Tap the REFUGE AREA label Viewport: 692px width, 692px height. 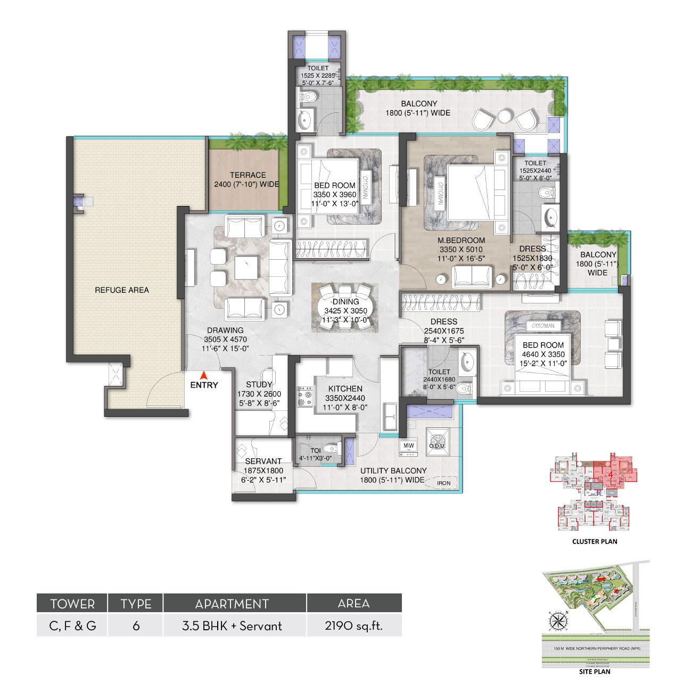tap(122, 290)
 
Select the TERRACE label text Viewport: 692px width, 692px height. tap(248, 175)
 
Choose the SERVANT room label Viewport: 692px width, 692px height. tap(264, 462)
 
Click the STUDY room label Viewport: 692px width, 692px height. tap(259, 385)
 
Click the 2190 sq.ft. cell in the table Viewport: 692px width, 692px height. tap(354, 626)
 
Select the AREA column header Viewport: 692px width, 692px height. tap(354, 604)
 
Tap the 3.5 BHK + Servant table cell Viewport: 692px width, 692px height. tap(235, 626)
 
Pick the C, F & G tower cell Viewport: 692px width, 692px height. tap(72, 626)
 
